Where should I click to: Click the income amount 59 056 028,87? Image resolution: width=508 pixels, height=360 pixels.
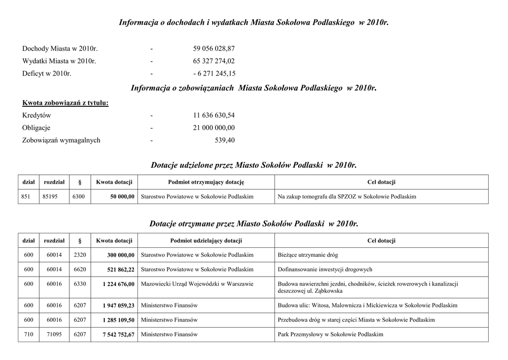click(214, 49)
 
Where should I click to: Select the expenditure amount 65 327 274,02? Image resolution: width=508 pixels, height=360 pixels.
click(214, 61)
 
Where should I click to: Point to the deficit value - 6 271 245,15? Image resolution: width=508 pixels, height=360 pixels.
click(214, 73)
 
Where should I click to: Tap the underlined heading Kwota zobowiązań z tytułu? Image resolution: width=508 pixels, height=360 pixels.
click(65, 103)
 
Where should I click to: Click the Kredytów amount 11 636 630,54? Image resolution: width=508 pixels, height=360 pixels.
click(214, 115)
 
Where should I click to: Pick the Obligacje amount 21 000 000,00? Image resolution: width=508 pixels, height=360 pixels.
click(214, 128)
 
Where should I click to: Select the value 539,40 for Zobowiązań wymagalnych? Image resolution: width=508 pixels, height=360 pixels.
click(225, 140)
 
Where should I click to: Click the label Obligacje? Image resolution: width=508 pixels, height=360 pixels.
click(36, 128)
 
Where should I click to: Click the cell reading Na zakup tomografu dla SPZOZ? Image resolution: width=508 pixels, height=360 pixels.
click(347, 197)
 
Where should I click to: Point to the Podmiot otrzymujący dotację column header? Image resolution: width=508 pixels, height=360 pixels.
click(206, 182)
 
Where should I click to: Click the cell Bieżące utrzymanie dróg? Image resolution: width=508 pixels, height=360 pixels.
click(308, 255)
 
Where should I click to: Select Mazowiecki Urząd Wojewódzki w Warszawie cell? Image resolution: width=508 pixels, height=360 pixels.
click(197, 284)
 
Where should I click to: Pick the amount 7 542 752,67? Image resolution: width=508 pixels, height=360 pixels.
click(119, 335)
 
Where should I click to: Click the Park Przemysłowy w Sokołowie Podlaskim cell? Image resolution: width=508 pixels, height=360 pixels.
click(330, 335)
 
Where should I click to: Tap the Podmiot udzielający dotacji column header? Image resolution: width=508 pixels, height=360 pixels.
click(206, 241)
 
